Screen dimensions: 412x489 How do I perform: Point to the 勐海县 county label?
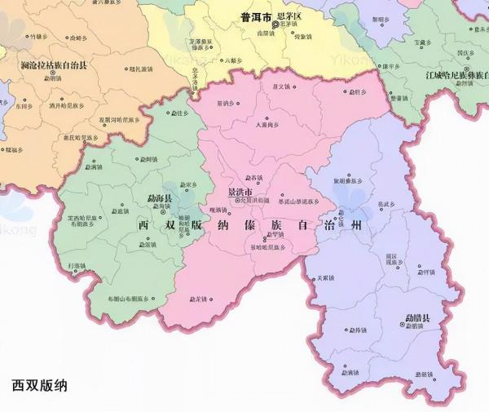[x=158, y=198]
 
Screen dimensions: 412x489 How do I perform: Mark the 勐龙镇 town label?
[x=200, y=299]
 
